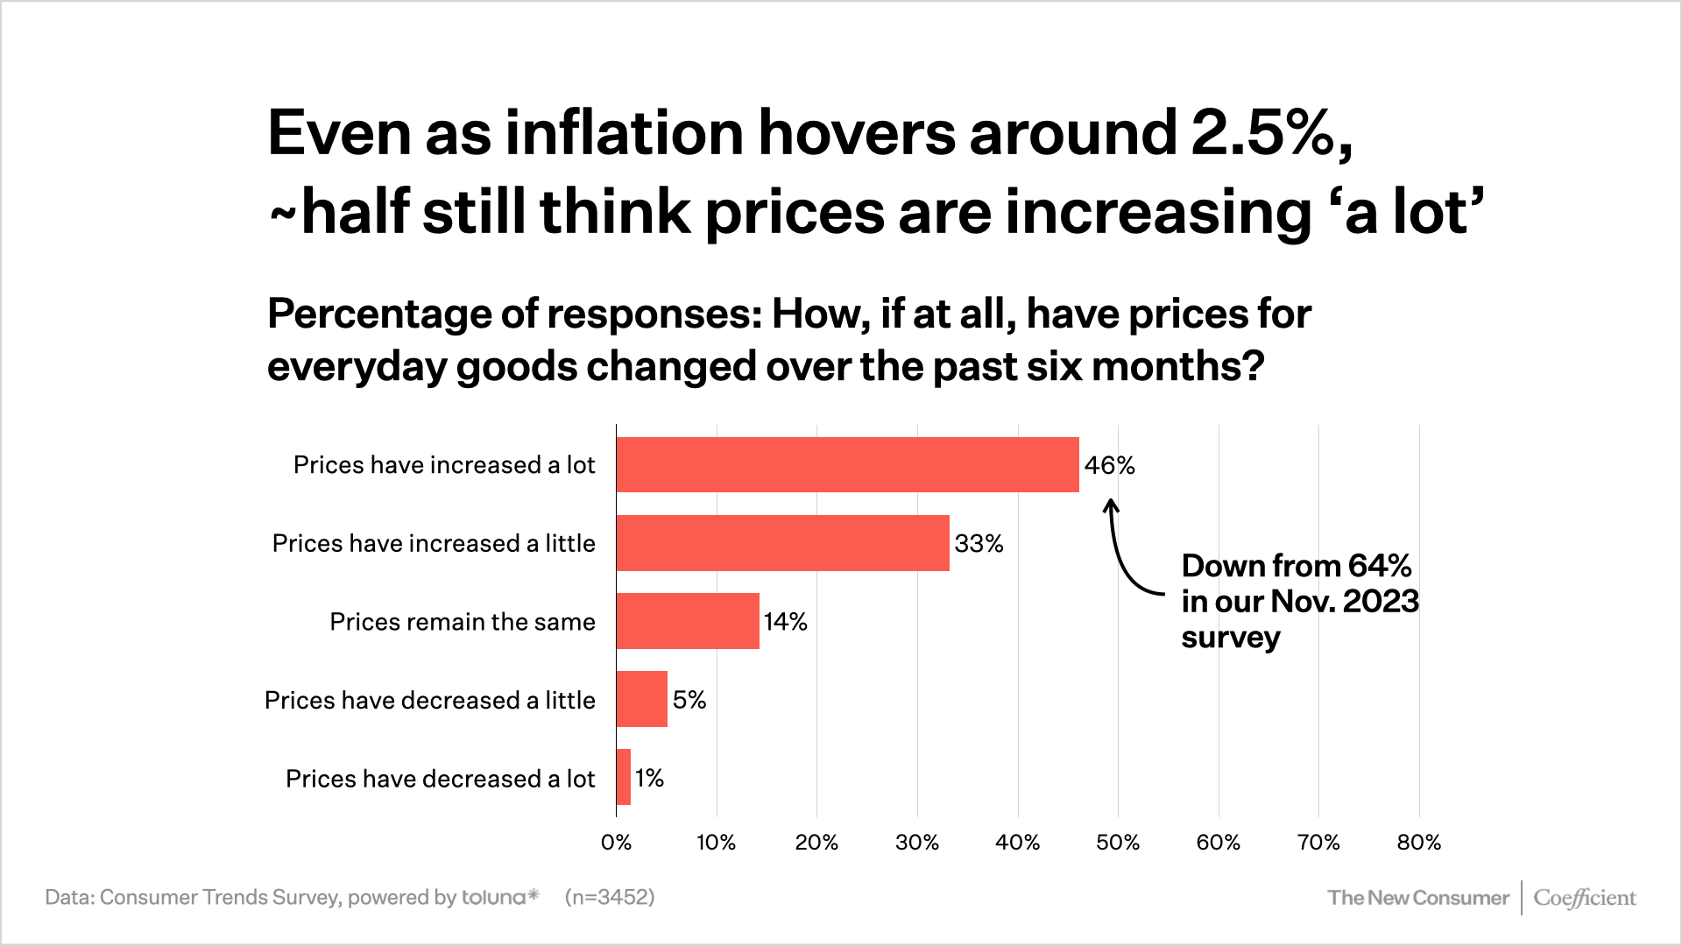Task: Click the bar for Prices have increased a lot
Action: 847,464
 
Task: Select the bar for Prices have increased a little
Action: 782,543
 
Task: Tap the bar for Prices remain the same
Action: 688,621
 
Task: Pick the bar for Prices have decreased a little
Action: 641,699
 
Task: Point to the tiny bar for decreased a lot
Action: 623,777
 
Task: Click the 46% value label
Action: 1109,465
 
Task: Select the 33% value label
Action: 979,544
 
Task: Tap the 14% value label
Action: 785,622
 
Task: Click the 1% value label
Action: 649,778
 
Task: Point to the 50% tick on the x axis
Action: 1118,843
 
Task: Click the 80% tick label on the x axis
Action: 1418,843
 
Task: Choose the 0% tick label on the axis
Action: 616,843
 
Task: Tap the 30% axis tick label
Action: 917,843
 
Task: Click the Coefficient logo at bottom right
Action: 1584,898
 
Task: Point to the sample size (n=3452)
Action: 610,897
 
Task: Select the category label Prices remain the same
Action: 462,622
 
